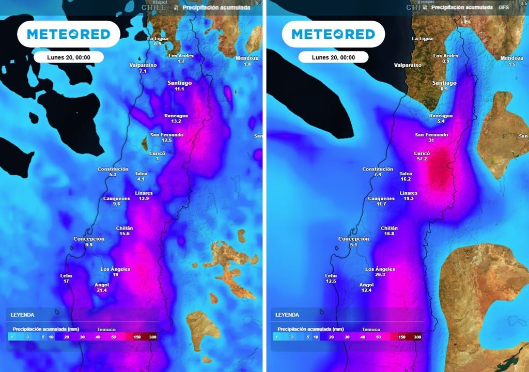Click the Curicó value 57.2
422,159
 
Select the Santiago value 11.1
179,89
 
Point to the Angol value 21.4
102,290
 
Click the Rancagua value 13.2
176,121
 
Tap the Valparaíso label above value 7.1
143,66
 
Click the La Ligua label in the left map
158,38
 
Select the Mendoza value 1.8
247,64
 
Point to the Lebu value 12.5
331,281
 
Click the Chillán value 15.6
125,234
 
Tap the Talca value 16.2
406,179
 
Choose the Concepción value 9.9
89,244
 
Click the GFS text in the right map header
504,8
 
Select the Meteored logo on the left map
69,34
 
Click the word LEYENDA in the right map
287,315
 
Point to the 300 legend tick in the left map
152,337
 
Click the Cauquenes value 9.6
116,204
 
